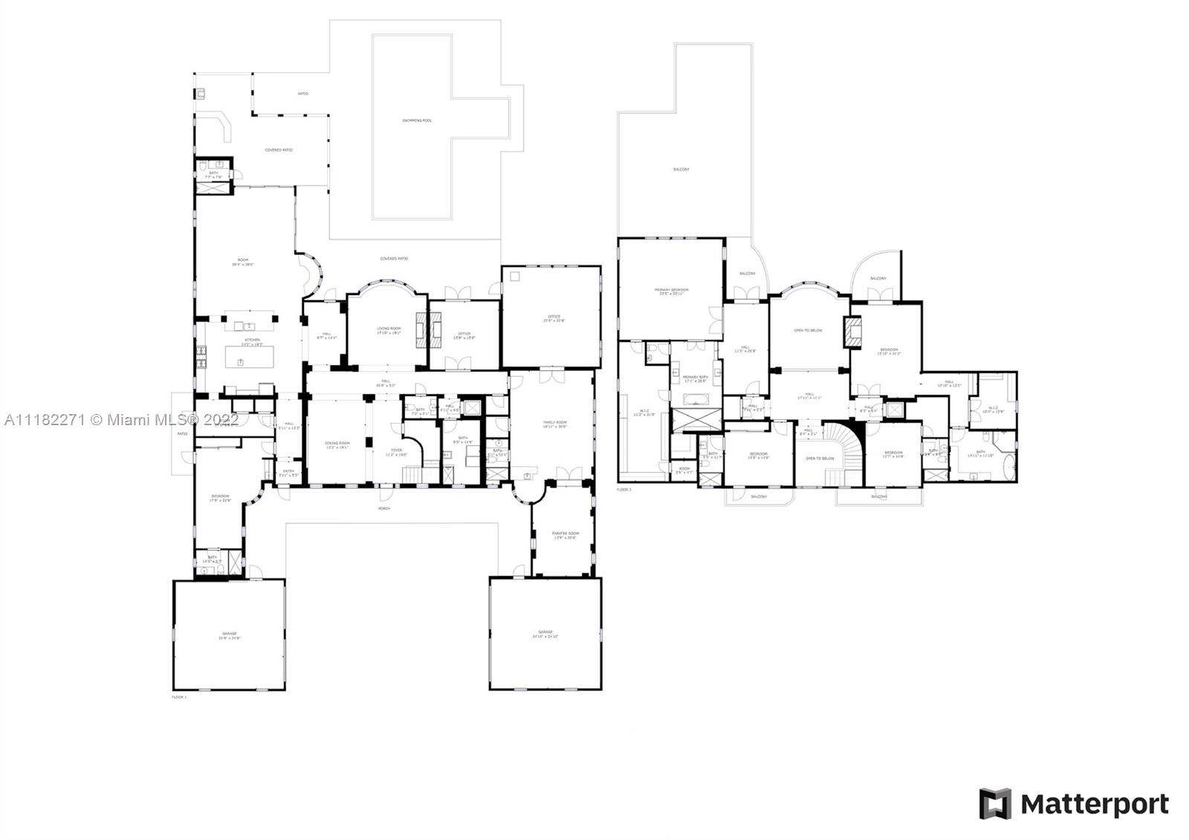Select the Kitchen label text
click(x=253, y=340)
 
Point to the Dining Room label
click(x=337, y=444)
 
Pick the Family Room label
click(x=554, y=422)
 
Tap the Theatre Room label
click(x=564, y=534)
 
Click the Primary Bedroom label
click(x=671, y=291)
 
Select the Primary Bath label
click(x=696, y=378)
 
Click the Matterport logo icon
click(x=995, y=804)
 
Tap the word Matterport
click(x=1094, y=804)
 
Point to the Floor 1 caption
click(x=179, y=697)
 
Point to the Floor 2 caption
click(x=623, y=490)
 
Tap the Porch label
click(x=384, y=508)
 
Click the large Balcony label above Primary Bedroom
click(x=681, y=169)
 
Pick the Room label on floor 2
click(x=684, y=469)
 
